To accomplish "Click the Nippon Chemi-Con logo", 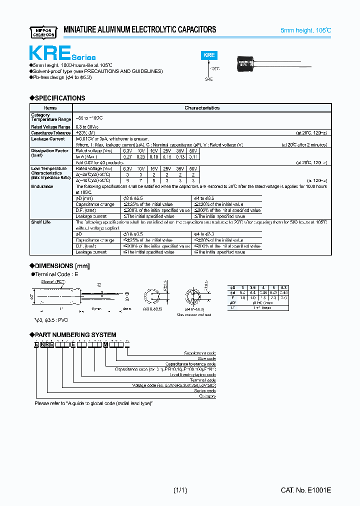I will (43, 30).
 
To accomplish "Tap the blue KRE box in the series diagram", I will (209, 55).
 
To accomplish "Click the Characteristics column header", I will (202, 107).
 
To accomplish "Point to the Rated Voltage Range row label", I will (51, 127).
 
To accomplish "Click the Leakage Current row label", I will (47, 139).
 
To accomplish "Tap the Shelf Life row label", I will (41, 222).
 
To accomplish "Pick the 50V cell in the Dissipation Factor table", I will (193, 150).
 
